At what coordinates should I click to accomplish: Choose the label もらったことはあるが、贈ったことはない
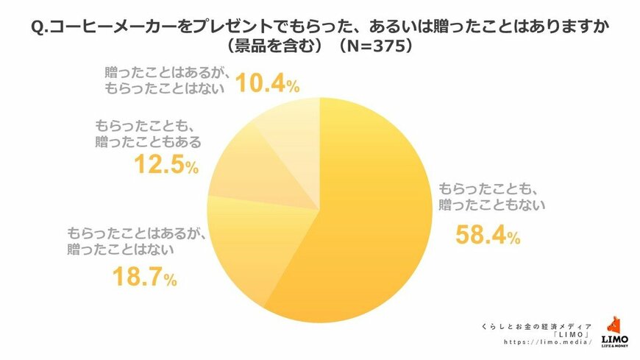(130, 240)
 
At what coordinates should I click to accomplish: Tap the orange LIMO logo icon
(614, 324)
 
